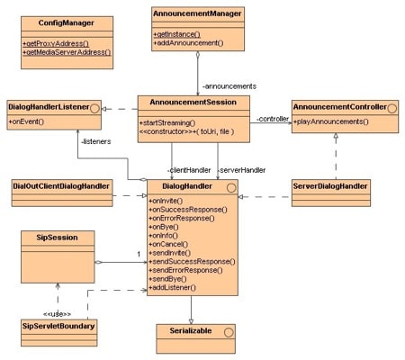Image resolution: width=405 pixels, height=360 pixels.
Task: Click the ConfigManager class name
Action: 63,21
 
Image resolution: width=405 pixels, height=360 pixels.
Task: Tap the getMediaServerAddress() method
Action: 67,52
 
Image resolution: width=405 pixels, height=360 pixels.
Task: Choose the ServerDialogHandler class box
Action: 331,186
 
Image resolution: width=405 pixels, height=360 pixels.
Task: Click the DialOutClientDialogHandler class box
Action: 61,186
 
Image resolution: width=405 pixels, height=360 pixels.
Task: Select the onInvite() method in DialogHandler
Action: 168,201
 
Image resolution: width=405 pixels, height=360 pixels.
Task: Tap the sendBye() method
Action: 171,281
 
